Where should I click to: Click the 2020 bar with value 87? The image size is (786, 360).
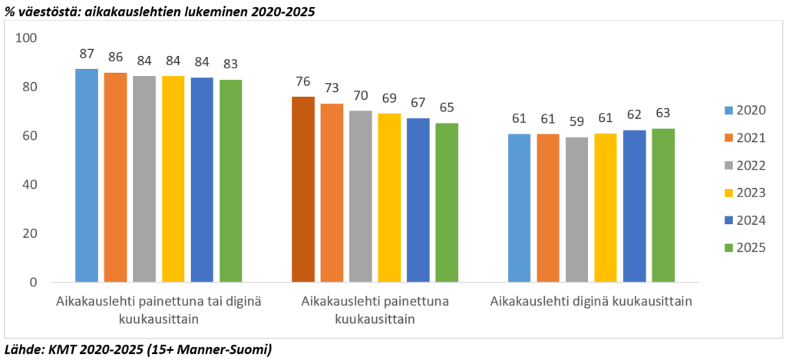(87, 175)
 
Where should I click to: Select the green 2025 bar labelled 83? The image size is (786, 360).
(231, 180)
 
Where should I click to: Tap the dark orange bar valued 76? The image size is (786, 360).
(303, 189)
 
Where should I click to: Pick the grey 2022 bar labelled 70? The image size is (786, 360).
(361, 196)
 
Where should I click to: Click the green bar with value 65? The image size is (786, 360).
(447, 202)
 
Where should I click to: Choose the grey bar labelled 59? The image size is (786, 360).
(576, 210)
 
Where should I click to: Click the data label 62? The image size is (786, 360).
(634, 117)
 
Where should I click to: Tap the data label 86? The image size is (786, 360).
(115, 58)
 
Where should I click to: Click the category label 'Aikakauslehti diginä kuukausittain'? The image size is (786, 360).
(592, 302)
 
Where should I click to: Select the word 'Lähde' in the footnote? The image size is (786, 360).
(21, 350)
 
